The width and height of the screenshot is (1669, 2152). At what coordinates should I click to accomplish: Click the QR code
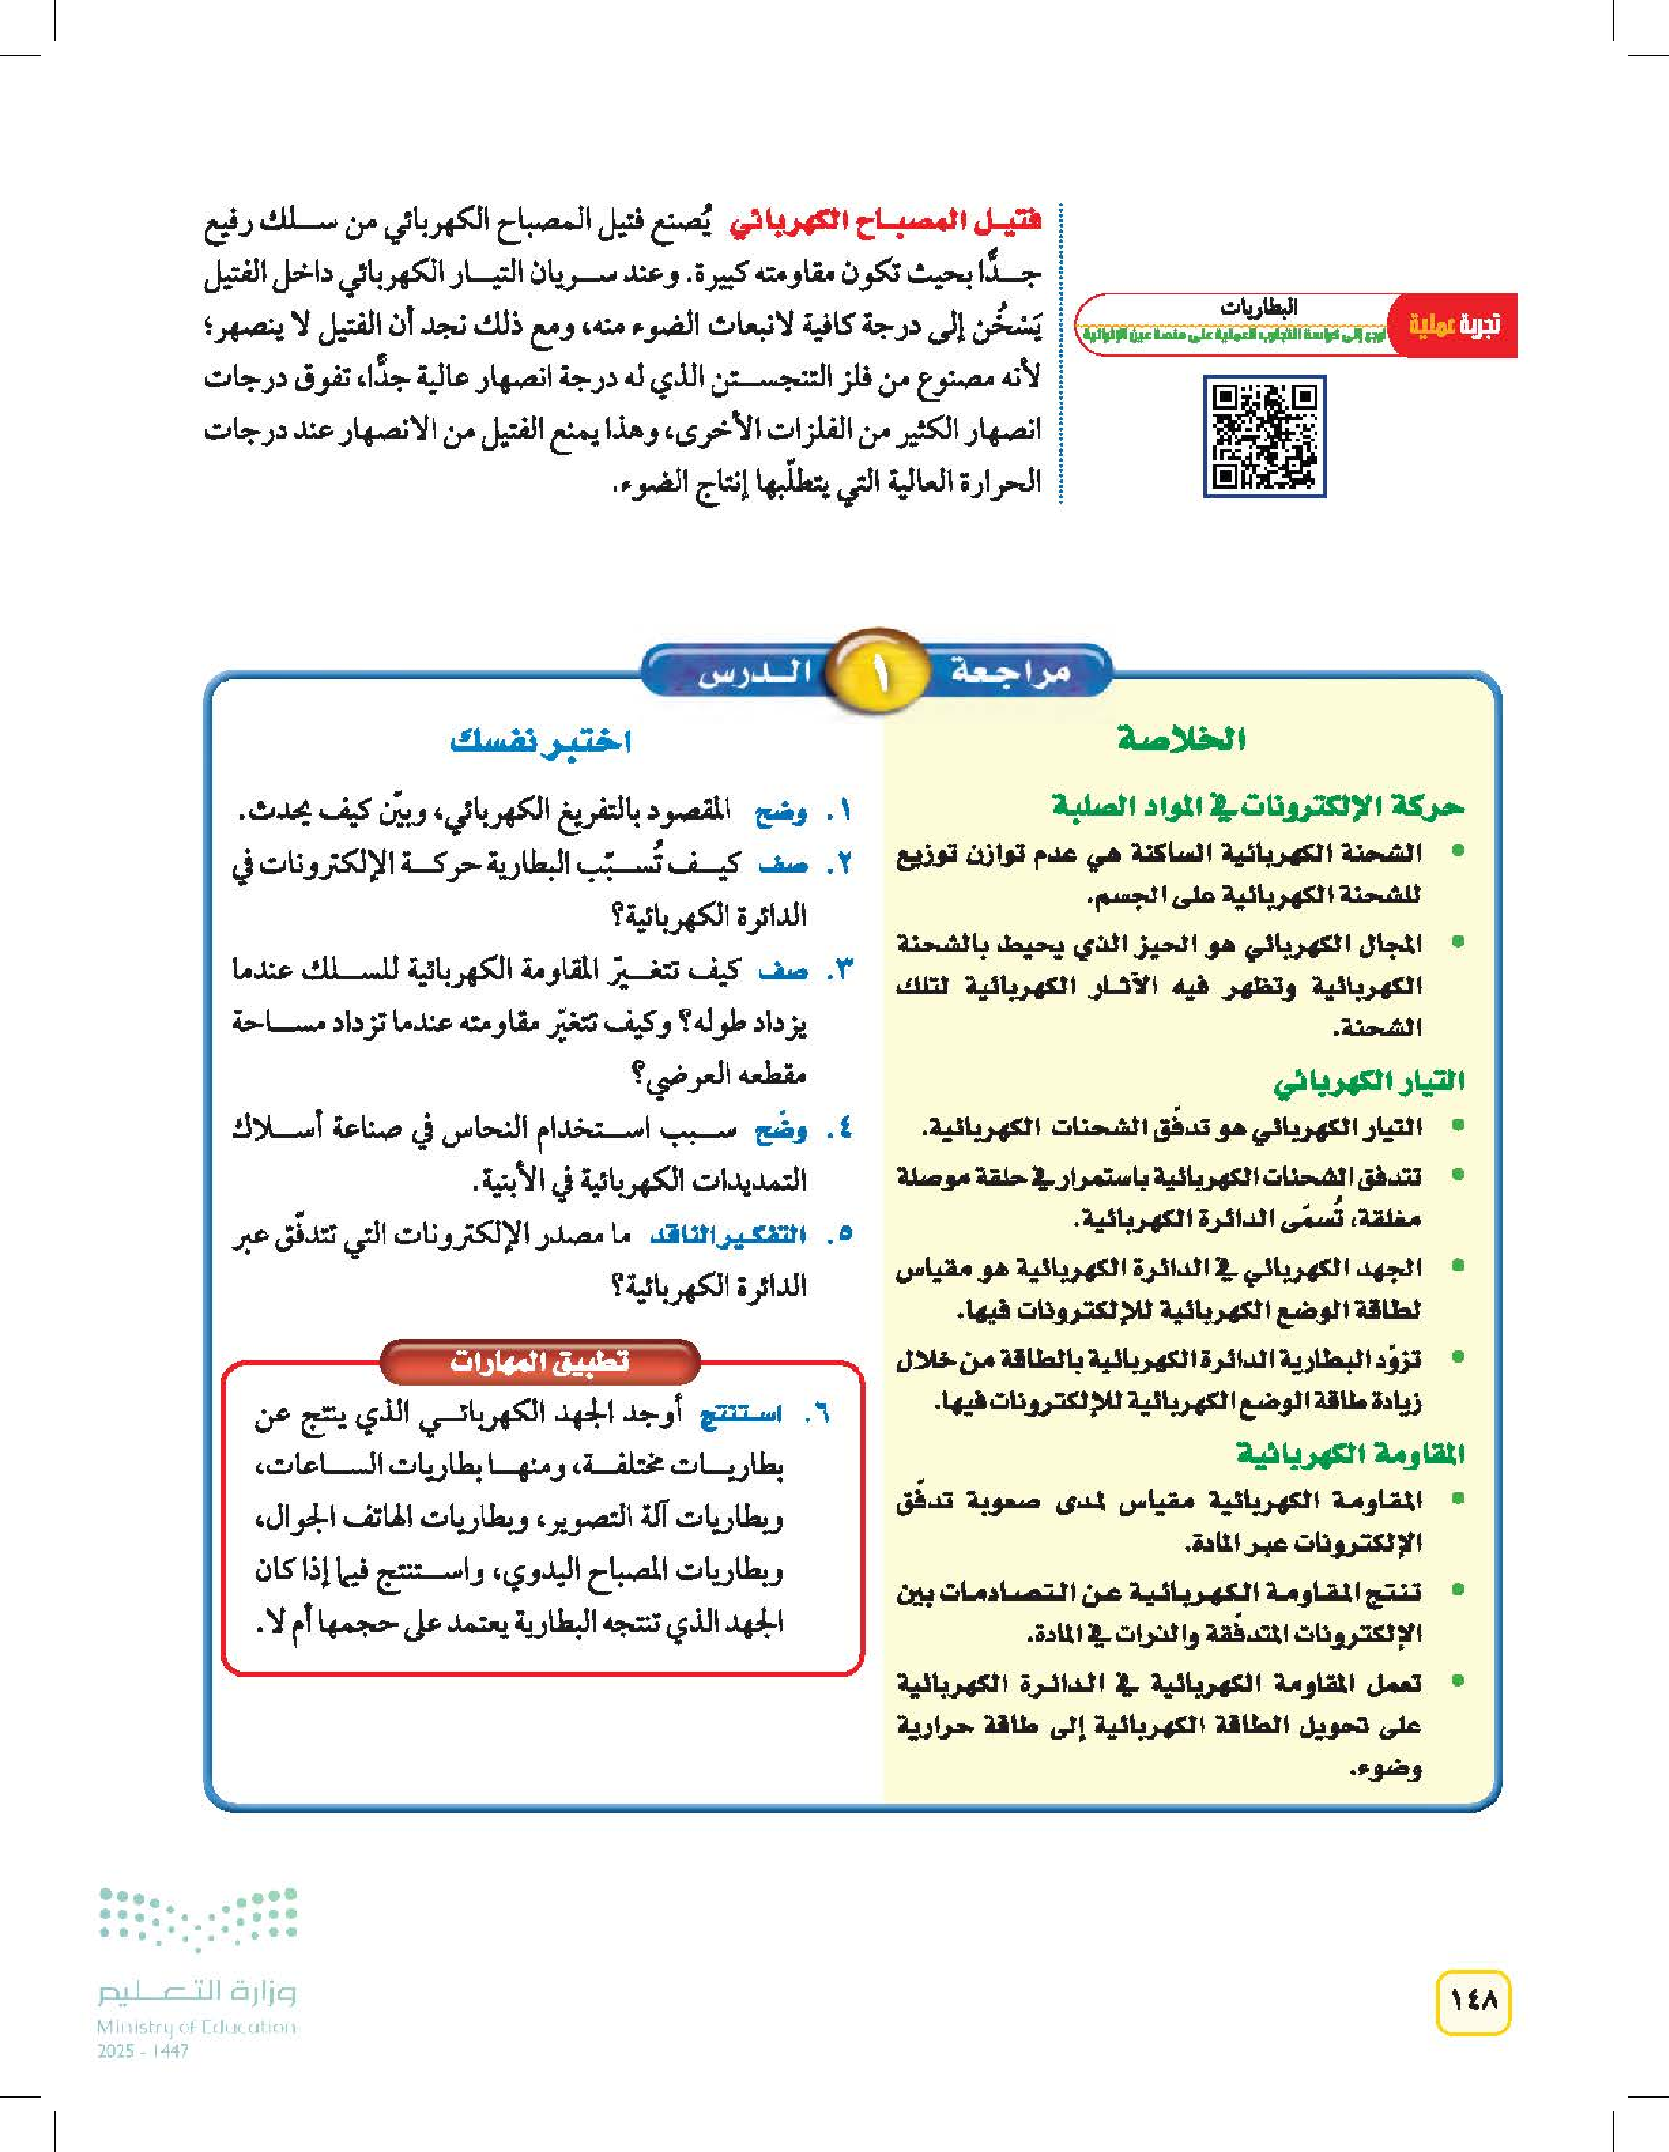[1264, 435]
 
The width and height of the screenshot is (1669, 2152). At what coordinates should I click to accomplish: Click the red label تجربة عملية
[1453, 325]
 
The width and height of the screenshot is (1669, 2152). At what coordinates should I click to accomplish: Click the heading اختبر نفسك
[540, 741]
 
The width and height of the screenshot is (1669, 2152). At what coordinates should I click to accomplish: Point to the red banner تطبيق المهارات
[539, 1362]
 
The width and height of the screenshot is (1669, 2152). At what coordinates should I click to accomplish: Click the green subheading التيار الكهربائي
[1367, 1083]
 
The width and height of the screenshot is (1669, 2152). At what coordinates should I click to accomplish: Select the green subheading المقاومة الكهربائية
[1350, 1454]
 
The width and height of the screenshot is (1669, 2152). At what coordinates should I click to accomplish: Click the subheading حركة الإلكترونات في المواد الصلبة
[1257, 807]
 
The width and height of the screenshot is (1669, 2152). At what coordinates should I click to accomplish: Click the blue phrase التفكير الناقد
[728, 1235]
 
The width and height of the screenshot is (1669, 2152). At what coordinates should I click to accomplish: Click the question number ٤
[838, 1130]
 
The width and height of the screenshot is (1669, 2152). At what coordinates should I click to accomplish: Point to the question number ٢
[838, 865]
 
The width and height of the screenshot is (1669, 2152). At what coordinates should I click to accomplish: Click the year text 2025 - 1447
[143, 2051]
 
